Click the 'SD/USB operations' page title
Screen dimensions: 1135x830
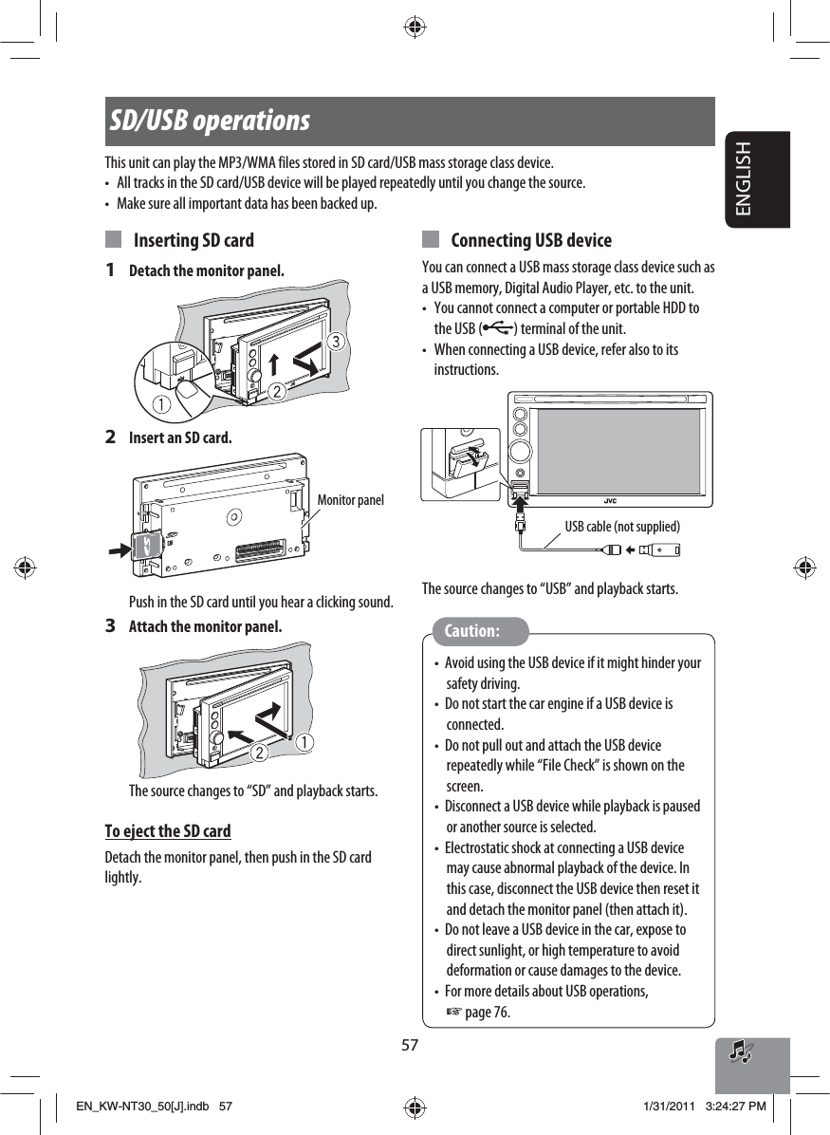(x=210, y=121)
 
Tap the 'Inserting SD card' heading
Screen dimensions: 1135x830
(x=194, y=240)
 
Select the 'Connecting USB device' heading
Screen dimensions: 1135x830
(x=531, y=240)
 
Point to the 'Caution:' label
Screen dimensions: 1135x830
(x=472, y=631)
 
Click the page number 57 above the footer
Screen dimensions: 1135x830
(x=410, y=1045)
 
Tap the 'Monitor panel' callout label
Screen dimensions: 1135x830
(x=350, y=499)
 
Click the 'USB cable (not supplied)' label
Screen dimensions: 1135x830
(x=622, y=526)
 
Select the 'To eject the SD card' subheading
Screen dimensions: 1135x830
(x=168, y=831)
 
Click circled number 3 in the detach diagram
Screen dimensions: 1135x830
(x=333, y=339)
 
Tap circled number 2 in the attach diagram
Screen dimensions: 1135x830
(x=255, y=752)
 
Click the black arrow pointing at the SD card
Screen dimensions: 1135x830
(x=120, y=548)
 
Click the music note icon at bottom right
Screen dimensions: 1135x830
(x=741, y=1051)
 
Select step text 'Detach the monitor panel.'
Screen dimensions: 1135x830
(x=206, y=271)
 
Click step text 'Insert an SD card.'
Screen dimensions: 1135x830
(x=179, y=438)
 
